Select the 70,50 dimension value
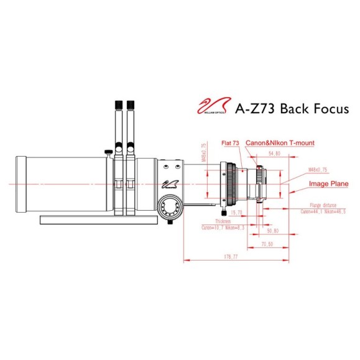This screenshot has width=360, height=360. coord(268,244)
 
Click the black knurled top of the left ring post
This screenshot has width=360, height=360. coord(118,104)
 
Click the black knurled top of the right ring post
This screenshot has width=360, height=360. coord(131,104)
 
